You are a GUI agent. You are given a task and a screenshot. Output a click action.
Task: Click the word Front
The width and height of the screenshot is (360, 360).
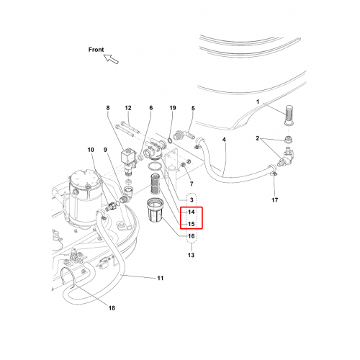click(96, 50)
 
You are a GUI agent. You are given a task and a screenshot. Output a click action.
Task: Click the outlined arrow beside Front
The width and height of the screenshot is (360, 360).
click(111, 59)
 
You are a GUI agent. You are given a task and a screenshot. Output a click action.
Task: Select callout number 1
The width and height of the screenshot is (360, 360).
click(258, 102)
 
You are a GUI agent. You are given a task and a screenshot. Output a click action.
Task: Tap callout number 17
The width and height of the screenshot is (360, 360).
click(274, 200)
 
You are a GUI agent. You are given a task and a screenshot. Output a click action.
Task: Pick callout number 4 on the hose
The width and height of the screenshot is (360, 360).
click(224, 140)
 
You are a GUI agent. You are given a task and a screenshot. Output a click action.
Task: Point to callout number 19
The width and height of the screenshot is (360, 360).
click(173, 108)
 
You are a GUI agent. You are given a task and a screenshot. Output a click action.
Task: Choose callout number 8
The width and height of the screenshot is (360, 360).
click(108, 108)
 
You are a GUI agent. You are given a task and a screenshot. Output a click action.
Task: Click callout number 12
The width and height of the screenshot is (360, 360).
click(128, 108)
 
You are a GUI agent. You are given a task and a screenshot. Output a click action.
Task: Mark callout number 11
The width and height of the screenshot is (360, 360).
click(161, 278)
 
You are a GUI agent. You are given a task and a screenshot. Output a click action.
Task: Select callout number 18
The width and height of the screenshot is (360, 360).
click(112, 308)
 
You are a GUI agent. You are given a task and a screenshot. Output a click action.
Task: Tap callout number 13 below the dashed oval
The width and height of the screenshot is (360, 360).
click(191, 255)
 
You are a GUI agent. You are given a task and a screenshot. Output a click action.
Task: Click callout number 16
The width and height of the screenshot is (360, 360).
click(191, 236)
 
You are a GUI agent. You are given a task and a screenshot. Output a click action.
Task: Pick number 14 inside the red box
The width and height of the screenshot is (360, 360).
click(192, 212)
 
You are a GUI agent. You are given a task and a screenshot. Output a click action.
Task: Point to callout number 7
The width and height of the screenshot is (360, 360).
click(192, 184)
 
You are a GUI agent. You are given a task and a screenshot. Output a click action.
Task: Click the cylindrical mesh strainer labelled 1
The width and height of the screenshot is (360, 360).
click(289, 115)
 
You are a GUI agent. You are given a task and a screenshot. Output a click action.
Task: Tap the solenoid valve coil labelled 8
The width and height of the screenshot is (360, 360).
click(129, 156)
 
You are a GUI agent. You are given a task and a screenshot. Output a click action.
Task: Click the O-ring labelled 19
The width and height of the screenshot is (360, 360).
click(169, 140)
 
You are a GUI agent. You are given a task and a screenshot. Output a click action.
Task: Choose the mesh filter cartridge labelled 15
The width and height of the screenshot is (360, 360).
click(155, 184)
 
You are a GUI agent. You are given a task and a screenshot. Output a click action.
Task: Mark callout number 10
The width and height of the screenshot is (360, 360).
click(91, 150)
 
